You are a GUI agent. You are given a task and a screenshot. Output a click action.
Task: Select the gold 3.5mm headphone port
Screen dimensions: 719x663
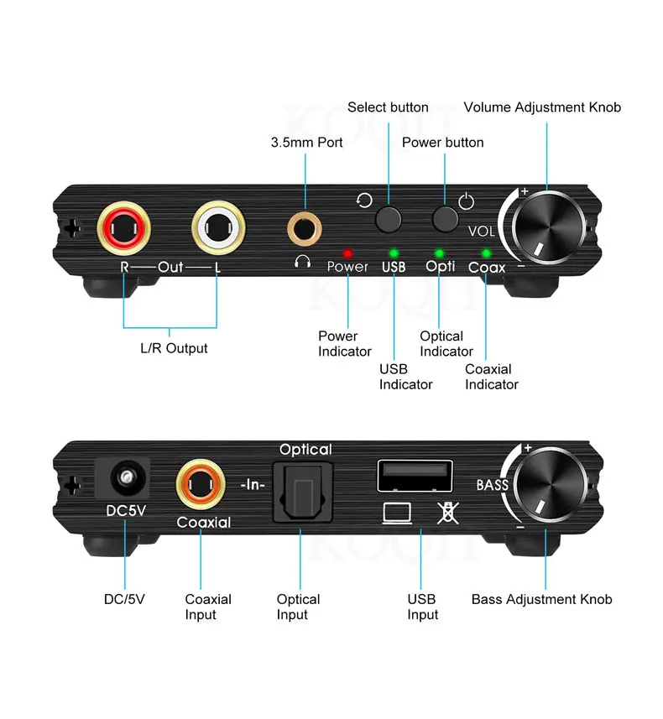[302, 226]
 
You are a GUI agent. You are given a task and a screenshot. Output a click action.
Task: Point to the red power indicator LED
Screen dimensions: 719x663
[347, 253]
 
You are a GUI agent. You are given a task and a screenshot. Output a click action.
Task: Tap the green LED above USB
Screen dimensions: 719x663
[393, 253]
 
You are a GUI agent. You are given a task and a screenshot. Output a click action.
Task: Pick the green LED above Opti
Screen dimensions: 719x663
[439, 253]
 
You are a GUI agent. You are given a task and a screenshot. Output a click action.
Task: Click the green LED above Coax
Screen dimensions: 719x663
[486, 253]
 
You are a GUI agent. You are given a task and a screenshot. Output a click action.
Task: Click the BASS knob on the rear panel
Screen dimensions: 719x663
[546, 486]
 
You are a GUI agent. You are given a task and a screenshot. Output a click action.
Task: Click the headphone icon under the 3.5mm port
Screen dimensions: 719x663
[302, 262]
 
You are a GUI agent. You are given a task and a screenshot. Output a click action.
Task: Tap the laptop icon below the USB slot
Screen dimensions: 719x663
[395, 511]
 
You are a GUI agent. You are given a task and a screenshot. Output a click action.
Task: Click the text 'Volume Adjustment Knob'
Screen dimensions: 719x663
[542, 107]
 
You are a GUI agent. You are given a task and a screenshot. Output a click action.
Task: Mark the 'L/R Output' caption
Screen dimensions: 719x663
[174, 347]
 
